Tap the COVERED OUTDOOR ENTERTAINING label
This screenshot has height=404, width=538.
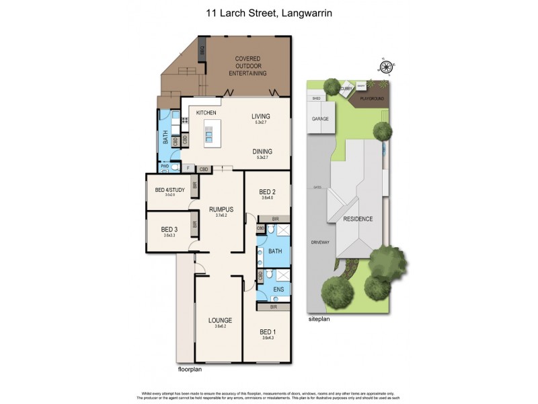[x=248, y=66]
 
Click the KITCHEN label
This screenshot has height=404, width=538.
[x=206, y=112]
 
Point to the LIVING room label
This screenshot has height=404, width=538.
[x=261, y=116]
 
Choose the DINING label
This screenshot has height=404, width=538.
[x=262, y=151]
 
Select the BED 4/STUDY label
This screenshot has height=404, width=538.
[x=169, y=190]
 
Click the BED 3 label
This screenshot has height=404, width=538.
[x=169, y=230]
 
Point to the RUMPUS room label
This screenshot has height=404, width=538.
[x=221, y=209]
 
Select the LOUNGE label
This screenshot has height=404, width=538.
[x=219, y=320]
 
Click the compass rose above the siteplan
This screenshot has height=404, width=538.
[x=386, y=66]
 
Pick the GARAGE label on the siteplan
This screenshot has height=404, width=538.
[x=319, y=119]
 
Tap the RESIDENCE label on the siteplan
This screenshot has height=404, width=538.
[x=358, y=220]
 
